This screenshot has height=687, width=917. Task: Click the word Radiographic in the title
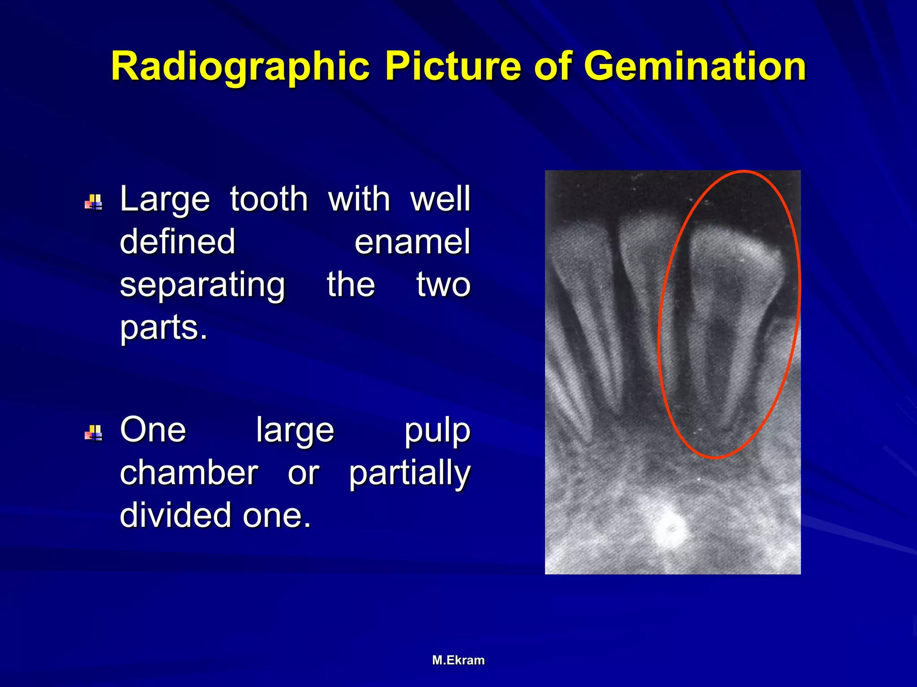[240, 66]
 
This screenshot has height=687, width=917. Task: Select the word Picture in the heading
[453, 66]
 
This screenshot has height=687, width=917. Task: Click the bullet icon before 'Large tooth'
[94, 202]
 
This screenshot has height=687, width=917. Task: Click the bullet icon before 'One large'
[94, 433]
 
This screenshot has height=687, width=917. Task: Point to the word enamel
[412, 242]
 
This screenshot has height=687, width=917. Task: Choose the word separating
[202, 285]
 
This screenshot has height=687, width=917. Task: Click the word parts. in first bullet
[163, 328]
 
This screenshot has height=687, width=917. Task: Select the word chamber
[189, 473]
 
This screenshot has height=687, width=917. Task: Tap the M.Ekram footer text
[458, 660]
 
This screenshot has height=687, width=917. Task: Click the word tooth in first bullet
[269, 199]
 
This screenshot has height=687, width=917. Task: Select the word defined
[177, 242]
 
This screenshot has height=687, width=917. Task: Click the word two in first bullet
[443, 284]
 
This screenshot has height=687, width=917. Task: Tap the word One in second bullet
[153, 430]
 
